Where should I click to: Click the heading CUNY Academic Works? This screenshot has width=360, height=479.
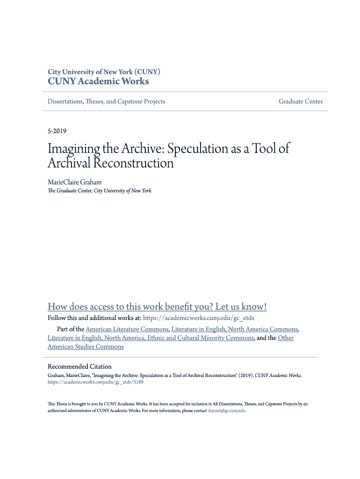98,81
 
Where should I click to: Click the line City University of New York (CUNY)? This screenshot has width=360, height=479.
104,72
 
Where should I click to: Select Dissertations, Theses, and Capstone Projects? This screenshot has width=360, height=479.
106,102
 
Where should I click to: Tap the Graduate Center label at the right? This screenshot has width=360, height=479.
301,102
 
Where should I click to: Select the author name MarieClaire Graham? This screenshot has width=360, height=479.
74,181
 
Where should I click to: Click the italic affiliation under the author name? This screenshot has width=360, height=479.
99,191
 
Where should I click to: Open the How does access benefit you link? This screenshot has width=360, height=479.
157,307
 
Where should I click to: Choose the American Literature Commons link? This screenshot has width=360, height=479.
127,329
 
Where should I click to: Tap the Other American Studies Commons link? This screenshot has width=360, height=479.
86,347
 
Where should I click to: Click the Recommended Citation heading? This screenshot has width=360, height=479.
79,367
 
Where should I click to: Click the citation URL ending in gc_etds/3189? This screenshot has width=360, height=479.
95,382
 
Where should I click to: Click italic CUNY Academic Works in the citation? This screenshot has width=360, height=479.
278,375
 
